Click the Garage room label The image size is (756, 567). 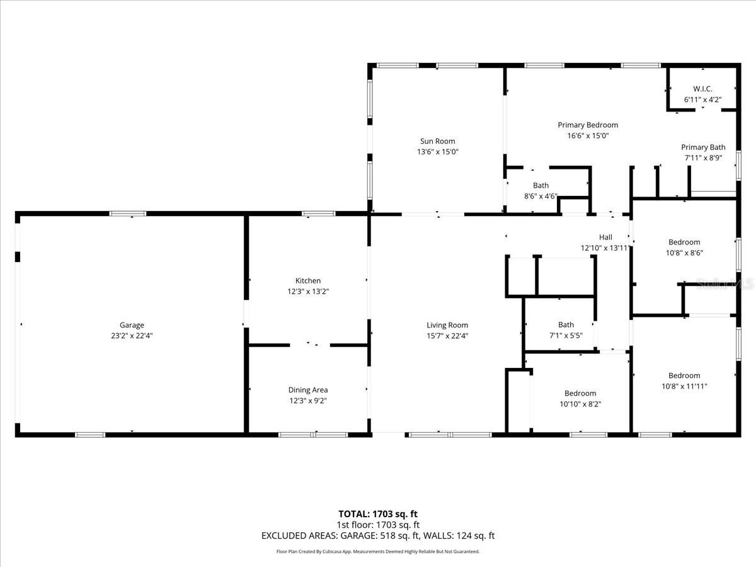coord(132,325)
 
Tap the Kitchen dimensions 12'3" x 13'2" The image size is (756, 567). coord(308,291)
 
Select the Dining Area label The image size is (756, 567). coord(308,390)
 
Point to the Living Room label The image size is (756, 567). coord(447,325)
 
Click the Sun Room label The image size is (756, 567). coord(437,141)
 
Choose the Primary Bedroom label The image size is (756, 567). coord(588,125)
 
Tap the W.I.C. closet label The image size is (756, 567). coord(702,89)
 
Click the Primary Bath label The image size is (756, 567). coord(703,147)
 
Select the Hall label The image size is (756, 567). coord(605,237)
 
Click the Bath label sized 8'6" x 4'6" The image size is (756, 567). coord(541,185)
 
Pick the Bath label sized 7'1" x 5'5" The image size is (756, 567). coord(566,325)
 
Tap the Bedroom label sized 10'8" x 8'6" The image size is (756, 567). coord(684,242)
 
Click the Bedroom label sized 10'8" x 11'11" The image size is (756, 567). coord(684,375)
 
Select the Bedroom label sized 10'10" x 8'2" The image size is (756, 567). coord(580,393)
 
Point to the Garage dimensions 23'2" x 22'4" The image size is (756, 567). coord(132,336)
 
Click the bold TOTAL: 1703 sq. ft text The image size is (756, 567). coord(378,514)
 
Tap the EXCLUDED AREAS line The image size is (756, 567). coord(378,535)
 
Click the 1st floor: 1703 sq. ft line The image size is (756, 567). coord(378,525)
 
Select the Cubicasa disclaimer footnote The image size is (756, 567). coord(378,551)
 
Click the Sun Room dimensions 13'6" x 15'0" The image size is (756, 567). coord(437,152)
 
